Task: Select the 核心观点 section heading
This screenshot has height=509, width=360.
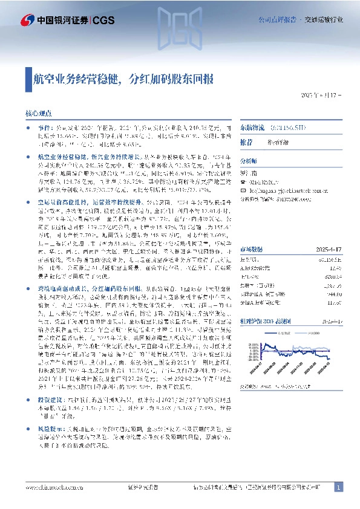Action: (x=38, y=113)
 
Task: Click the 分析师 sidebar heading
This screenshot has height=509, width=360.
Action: (x=249, y=161)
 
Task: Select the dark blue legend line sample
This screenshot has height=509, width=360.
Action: (x=278, y=349)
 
